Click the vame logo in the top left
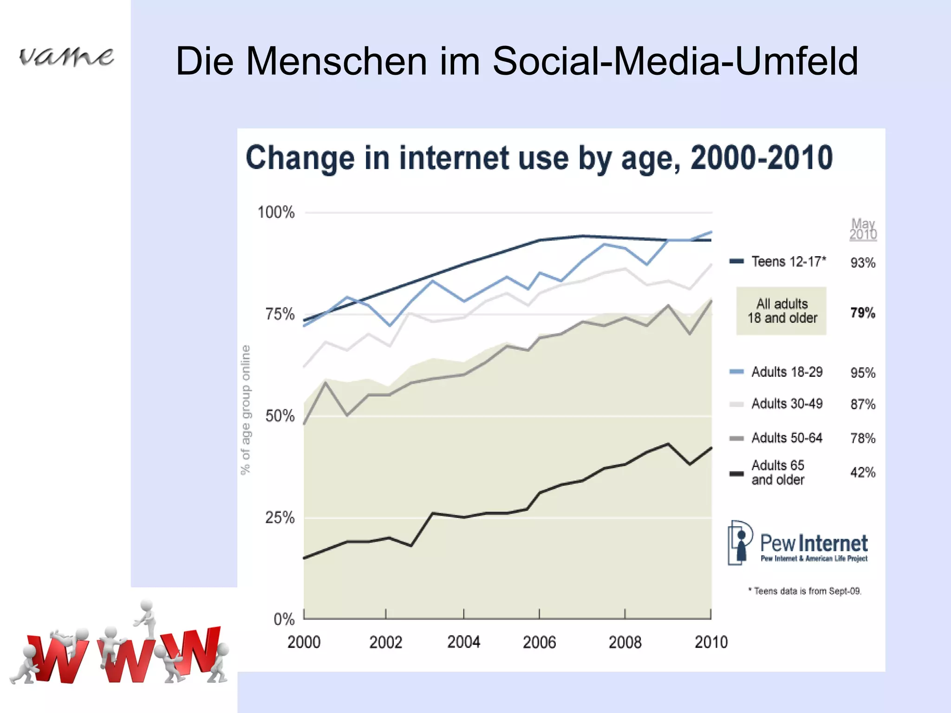tap(66, 57)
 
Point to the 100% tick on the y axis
tap(276, 213)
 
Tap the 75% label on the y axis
tap(280, 314)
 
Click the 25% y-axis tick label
tap(280, 517)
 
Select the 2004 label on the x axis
tap(463, 642)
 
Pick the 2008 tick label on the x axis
tap(625, 642)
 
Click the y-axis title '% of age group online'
tap(245, 409)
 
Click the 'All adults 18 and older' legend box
tap(782, 311)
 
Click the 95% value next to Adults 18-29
tap(862, 373)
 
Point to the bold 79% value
tap(862, 313)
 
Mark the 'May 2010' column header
tap(863, 229)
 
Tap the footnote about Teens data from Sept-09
tap(805, 591)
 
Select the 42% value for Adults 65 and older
tap(862, 473)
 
